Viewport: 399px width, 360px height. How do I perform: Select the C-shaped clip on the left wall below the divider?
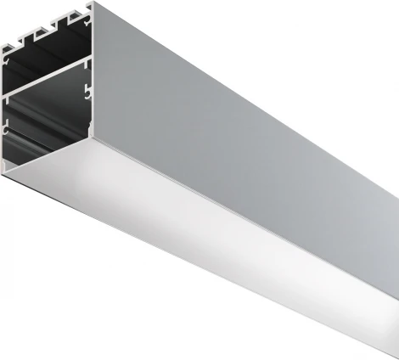tap(8, 127)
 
